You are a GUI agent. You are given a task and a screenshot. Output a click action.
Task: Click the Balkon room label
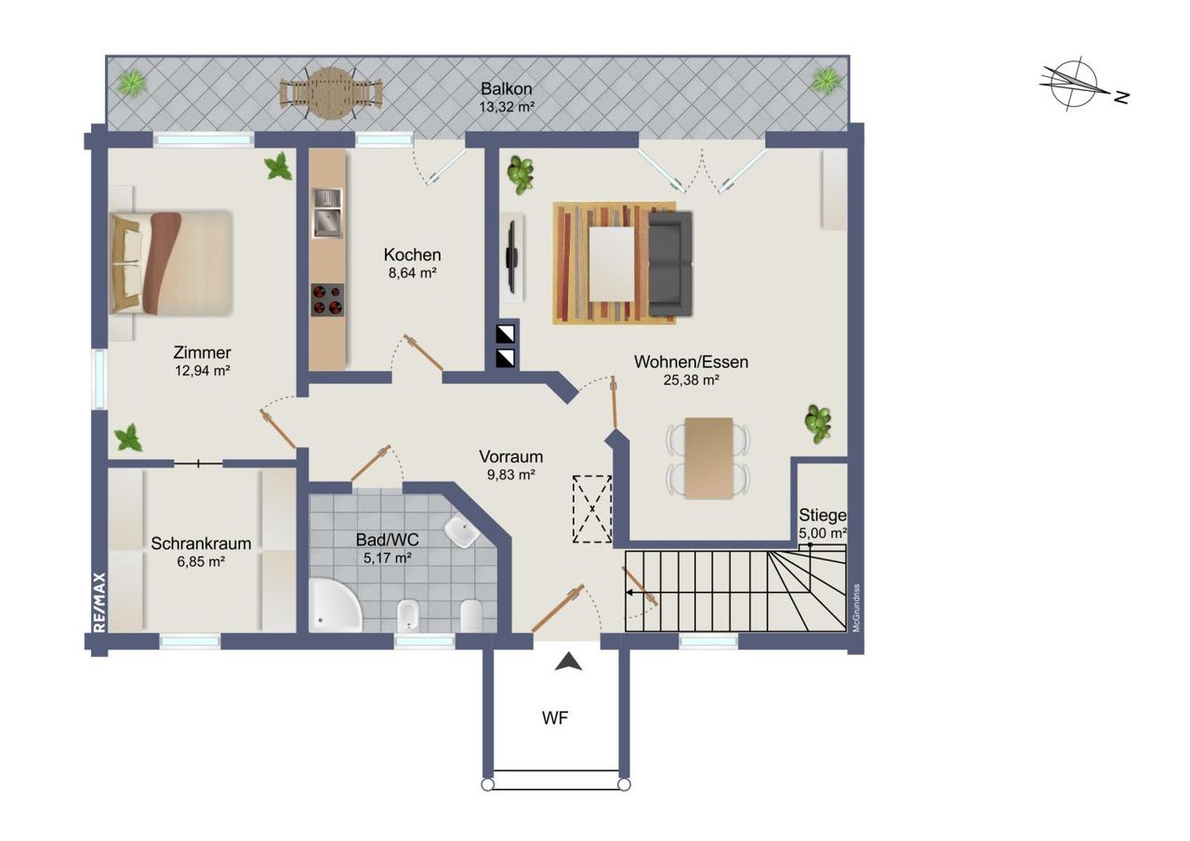point(506,88)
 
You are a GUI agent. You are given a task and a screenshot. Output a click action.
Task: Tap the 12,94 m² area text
point(202,371)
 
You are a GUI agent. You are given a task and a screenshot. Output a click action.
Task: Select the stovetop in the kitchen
point(327,300)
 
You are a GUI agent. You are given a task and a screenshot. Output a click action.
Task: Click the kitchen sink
point(327,213)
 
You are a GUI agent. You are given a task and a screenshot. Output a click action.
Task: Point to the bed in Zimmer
point(171,262)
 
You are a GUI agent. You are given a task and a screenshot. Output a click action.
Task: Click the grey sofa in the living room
point(670,264)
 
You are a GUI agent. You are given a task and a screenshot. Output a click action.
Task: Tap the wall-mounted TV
point(511,257)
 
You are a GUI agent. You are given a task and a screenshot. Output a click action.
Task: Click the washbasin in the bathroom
point(461,532)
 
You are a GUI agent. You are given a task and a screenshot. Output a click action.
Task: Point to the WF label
point(555,718)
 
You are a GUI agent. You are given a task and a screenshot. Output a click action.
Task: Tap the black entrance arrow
point(568,662)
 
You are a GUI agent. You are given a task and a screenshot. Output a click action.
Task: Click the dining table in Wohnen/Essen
point(708,457)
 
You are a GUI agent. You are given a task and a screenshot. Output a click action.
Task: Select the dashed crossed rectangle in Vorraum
point(592,508)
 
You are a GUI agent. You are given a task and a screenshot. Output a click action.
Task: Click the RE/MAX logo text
point(99,602)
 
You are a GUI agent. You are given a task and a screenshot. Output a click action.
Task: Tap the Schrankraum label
point(201,543)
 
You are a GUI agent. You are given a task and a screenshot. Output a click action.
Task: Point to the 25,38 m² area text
point(691,380)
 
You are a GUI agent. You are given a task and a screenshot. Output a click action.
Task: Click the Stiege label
point(823,515)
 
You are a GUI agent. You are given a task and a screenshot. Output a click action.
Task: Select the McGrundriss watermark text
point(856,608)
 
